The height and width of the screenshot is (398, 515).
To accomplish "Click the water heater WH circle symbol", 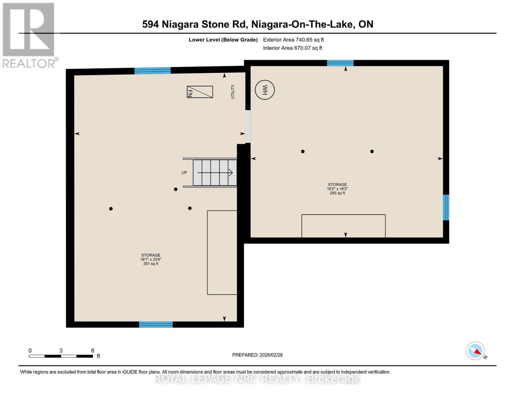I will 265,90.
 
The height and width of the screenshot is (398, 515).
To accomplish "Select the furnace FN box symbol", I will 200,92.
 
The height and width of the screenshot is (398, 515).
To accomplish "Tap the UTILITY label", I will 232,92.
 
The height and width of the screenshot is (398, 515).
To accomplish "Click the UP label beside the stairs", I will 184,172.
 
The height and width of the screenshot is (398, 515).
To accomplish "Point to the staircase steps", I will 215,172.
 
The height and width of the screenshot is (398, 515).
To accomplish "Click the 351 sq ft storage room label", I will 151,259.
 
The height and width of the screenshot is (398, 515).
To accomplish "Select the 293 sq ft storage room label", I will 337,189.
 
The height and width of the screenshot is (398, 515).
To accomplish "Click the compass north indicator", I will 476,351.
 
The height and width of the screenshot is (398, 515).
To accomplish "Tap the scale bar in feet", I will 61,356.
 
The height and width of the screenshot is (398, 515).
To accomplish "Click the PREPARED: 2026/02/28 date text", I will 257,355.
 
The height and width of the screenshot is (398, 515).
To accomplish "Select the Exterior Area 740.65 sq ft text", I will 293,40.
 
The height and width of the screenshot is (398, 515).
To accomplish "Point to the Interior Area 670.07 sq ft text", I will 292,48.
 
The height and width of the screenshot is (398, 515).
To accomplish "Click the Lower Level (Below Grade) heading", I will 223,40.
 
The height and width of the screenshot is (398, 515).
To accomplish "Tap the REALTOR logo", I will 29,35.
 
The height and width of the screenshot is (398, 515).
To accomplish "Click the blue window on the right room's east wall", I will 446,207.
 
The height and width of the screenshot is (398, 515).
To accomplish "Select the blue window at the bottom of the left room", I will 156,324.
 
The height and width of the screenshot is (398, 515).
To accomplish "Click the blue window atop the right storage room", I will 340,63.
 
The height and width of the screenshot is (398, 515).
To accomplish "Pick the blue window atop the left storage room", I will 152,70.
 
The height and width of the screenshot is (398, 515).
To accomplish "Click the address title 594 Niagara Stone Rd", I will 258,24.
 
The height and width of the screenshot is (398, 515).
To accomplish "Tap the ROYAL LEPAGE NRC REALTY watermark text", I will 257,379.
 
